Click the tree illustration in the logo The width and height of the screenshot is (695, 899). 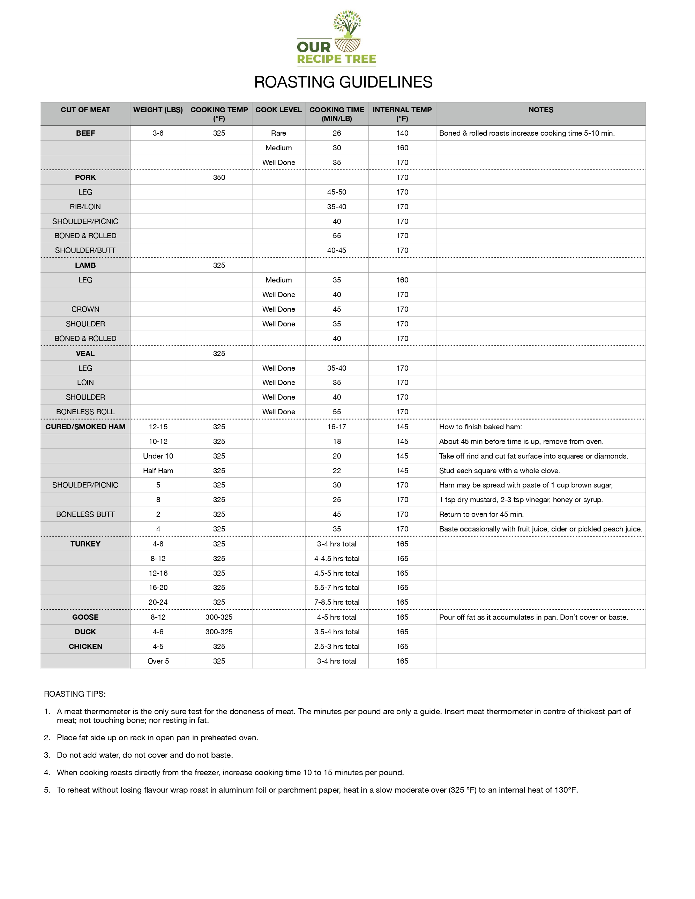(347, 23)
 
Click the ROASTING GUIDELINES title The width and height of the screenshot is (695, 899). (343, 82)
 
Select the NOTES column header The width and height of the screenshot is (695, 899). (540, 110)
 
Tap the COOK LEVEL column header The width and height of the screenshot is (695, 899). (278, 110)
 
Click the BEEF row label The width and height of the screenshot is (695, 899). (85, 133)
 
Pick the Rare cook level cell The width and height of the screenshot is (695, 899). (278, 133)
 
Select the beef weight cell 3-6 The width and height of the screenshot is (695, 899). (158, 133)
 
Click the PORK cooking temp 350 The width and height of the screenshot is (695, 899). (219, 177)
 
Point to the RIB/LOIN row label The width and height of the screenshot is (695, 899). (85, 207)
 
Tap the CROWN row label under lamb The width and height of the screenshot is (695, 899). (85, 309)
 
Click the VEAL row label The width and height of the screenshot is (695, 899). (85, 354)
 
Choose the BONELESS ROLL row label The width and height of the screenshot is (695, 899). (85, 411)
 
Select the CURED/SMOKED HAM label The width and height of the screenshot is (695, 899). (85, 427)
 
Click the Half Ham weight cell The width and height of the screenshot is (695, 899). (158, 470)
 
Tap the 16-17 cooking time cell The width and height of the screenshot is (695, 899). (337, 427)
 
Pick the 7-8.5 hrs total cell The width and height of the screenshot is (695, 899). (337, 602)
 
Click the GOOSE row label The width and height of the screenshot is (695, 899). (85, 617)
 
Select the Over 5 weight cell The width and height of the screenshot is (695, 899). (158, 661)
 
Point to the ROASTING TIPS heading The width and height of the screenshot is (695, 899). (75, 694)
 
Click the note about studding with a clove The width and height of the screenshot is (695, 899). (499, 470)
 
